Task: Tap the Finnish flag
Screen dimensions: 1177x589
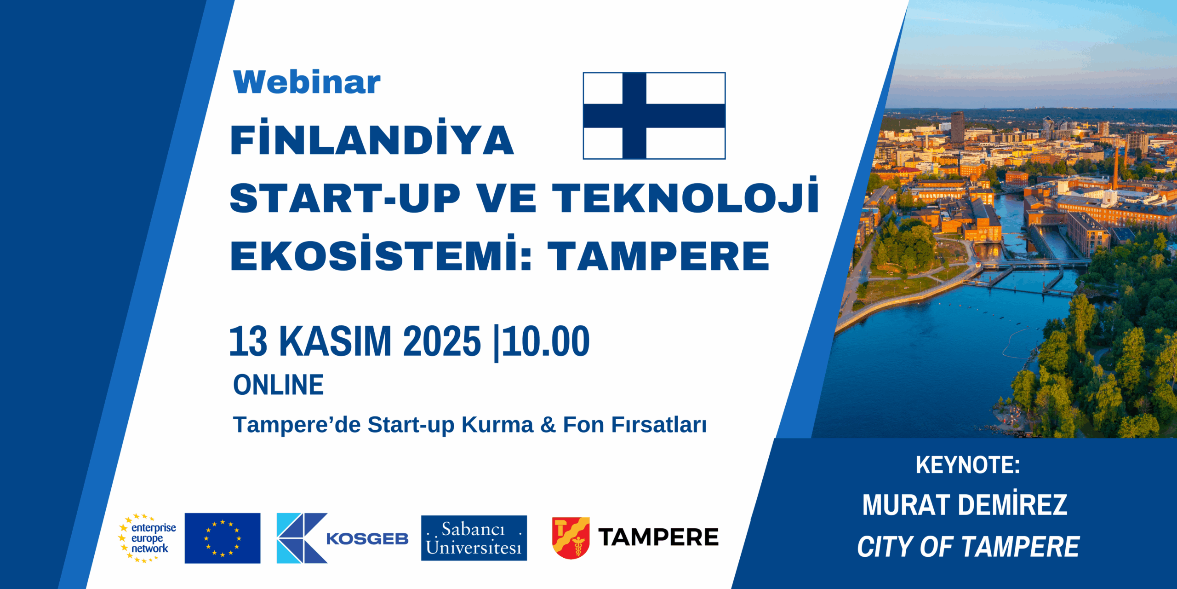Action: pos(654,115)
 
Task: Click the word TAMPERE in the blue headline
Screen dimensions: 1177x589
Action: pos(658,256)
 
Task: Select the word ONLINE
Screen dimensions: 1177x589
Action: pos(279,385)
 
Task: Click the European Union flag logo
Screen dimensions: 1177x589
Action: pos(223,538)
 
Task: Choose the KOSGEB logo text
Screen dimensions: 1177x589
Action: pos(367,538)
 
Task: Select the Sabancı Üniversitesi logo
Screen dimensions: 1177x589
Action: pos(474,538)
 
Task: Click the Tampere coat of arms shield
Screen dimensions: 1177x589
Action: pos(571,538)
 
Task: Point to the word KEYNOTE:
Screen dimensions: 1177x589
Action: pos(967,465)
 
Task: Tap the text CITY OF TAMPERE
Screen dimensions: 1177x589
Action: pos(968,547)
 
